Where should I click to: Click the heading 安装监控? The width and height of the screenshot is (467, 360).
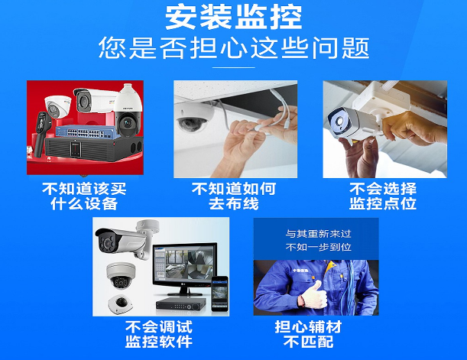click(234, 18)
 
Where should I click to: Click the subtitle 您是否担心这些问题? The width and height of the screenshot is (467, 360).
click(234, 48)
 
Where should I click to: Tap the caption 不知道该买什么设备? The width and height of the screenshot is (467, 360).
click(84, 196)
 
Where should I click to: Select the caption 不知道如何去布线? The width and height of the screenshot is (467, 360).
click(234, 196)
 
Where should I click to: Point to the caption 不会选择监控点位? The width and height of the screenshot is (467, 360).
click(383, 196)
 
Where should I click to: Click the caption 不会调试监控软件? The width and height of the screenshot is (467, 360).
click(159, 334)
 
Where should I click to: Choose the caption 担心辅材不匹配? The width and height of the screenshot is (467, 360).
click(308, 334)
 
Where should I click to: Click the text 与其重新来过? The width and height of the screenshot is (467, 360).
click(319, 234)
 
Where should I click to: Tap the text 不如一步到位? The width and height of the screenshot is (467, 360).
click(319, 247)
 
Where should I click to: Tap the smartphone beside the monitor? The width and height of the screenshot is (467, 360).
click(220, 294)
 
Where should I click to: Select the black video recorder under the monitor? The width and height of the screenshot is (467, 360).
click(181, 303)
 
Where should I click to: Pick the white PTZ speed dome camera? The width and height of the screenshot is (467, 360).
click(128, 111)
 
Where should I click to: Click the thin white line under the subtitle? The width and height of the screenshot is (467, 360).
click(234, 67)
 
